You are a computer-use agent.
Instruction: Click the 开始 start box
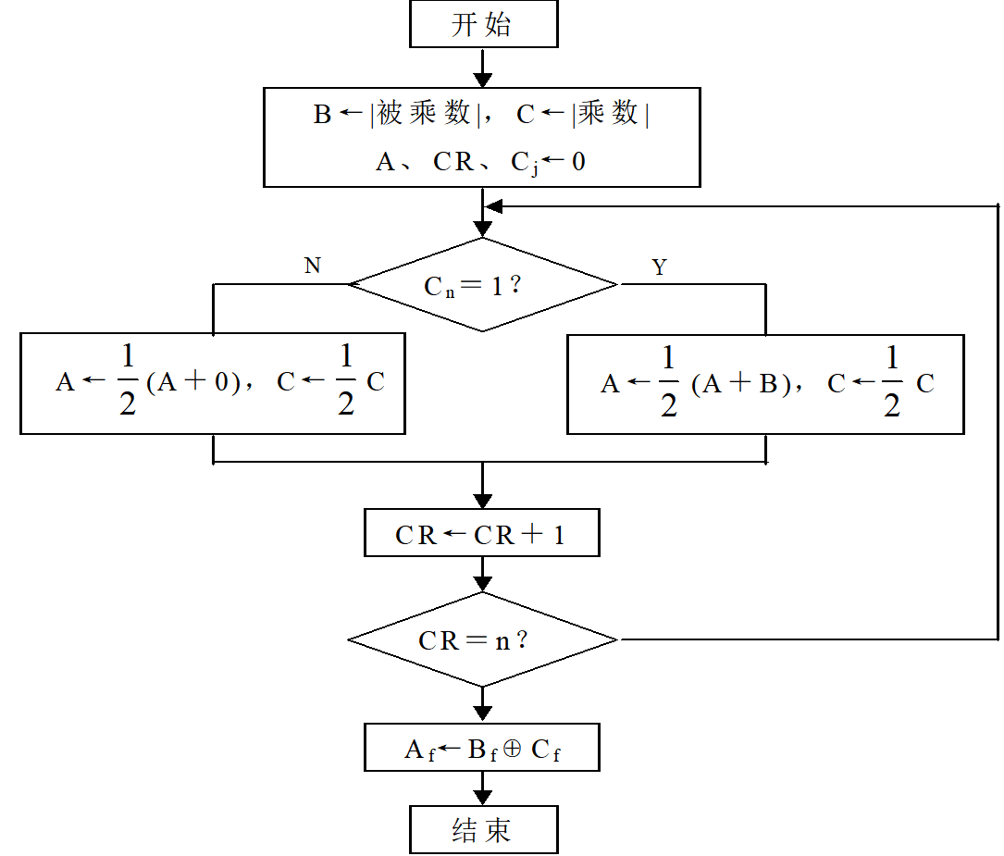(x=483, y=25)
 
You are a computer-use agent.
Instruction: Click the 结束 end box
(x=483, y=829)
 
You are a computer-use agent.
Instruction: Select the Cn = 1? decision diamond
(x=482, y=285)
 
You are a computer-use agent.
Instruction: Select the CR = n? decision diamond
(x=482, y=639)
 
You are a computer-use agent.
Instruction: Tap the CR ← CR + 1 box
(x=481, y=534)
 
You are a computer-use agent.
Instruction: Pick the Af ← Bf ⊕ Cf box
(x=481, y=749)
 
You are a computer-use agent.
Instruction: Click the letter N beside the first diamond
(x=313, y=267)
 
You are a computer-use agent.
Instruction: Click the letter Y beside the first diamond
(x=659, y=267)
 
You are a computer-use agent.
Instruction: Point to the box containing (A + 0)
(x=213, y=383)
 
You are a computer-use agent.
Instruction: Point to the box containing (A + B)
(x=765, y=383)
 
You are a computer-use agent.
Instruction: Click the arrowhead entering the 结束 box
(x=482, y=796)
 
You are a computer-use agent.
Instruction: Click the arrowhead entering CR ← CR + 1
(x=482, y=499)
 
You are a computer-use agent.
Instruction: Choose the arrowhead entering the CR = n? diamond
(x=482, y=583)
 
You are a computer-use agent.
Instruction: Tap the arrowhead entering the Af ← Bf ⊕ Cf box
(x=482, y=713)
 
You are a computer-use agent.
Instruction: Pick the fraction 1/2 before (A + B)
(x=669, y=383)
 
